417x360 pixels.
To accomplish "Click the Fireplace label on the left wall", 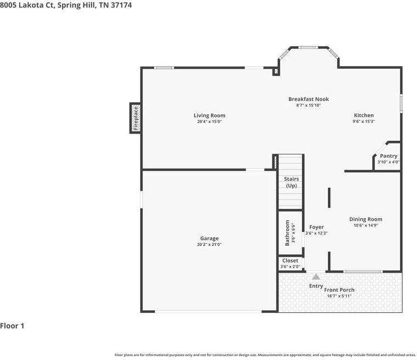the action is click(136, 118).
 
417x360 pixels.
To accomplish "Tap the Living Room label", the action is click(209, 115).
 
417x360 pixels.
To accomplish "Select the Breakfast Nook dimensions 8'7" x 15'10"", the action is click(309, 105).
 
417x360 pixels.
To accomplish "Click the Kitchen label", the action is click(364, 115).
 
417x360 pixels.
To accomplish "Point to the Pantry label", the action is click(388, 156).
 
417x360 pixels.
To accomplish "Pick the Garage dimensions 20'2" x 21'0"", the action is click(209, 244).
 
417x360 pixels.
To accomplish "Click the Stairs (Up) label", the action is click(292, 182).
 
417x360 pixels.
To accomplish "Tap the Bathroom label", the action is click(287, 233).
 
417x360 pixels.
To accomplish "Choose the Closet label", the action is click(290, 261).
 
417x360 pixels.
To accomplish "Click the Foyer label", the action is click(316, 227).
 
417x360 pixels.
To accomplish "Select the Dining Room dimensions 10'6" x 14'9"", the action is click(366, 225).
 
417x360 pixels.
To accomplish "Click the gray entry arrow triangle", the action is click(316, 276).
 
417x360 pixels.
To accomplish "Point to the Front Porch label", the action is click(339, 290).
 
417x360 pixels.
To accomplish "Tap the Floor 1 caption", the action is click(12, 326).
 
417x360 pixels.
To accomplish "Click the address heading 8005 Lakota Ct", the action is click(27, 5).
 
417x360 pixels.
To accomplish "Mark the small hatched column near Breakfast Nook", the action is click(276, 71).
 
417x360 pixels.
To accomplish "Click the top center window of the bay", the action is click(308, 48).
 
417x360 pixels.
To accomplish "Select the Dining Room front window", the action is click(363, 272).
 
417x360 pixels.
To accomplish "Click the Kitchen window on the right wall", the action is click(401, 103).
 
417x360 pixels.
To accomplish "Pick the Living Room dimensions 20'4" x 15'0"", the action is click(209, 121).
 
